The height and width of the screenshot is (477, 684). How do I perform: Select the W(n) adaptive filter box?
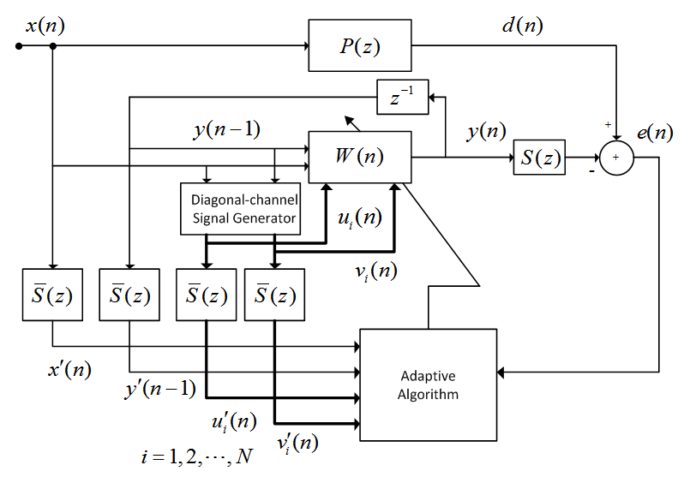click(360, 157)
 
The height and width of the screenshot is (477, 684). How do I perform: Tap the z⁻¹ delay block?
click(402, 96)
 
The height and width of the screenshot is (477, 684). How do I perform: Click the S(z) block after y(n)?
click(540, 158)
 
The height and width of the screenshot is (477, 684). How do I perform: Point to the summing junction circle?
click(615, 158)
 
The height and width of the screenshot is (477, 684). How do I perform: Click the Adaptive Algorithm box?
click(429, 385)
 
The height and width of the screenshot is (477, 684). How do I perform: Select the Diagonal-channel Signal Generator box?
click(243, 208)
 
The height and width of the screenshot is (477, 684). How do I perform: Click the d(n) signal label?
click(522, 25)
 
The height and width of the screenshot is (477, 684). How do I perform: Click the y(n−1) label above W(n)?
click(227, 130)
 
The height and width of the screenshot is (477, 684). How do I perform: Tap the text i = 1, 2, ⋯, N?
click(197, 456)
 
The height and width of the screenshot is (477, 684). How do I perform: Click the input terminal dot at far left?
click(19, 46)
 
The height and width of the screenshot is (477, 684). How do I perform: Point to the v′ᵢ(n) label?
click(297, 442)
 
